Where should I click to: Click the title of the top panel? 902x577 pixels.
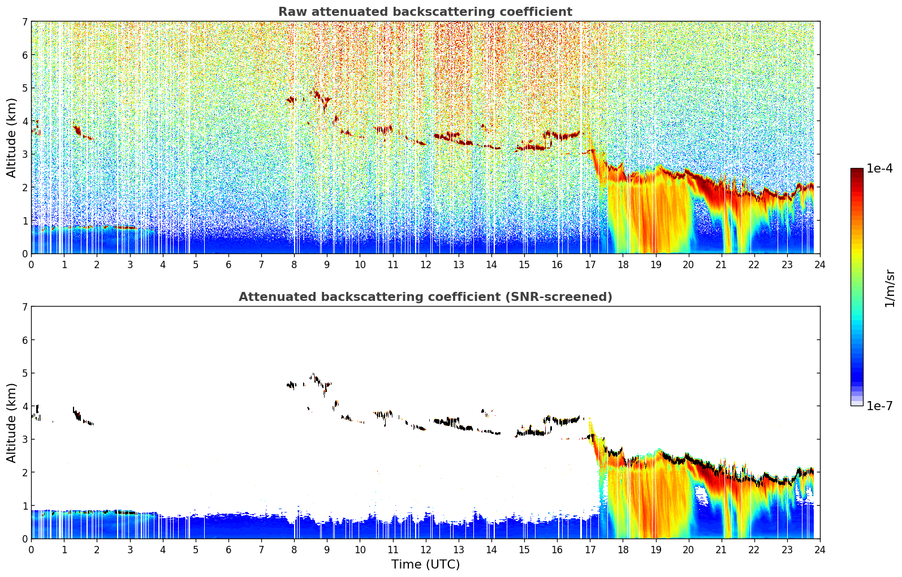coord(425,12)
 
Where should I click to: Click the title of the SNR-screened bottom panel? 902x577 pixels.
coord(425,296)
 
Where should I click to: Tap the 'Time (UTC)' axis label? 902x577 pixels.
coord(425,564)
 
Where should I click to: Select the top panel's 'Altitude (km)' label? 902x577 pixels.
coord(11,137)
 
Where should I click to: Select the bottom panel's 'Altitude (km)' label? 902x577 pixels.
coord(11,423)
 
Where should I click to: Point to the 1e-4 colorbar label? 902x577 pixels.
coord(879,169)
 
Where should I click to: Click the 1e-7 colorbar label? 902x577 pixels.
coord(879,406)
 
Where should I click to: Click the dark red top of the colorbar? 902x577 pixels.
coord(857,170)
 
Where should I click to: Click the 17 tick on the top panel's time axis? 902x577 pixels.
coord(590,265)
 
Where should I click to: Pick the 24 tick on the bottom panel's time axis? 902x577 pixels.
coord(820,550)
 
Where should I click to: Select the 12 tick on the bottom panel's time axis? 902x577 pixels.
coord(426,550)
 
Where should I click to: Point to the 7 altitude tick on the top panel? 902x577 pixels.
coord(25,21)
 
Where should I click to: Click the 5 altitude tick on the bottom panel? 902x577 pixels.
coord(25,373)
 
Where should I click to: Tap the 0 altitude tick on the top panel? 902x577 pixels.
coord(25,254)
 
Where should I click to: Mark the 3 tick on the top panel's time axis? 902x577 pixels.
coord(130,265)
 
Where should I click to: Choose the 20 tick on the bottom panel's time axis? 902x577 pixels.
coord(689,550)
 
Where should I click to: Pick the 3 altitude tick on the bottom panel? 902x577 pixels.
coord(25,439)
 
